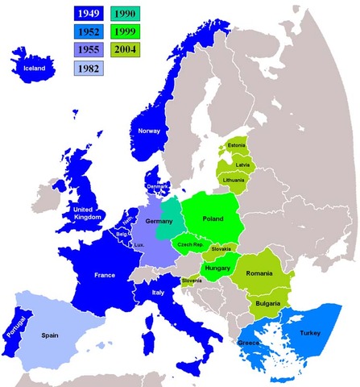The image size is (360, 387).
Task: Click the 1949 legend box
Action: coord(85,15)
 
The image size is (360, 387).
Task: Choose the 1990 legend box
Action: coord(124,15)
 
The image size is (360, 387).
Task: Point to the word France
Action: coord(105,275)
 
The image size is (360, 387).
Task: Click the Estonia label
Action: coord(237,145)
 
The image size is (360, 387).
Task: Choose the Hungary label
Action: coord(219,268)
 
